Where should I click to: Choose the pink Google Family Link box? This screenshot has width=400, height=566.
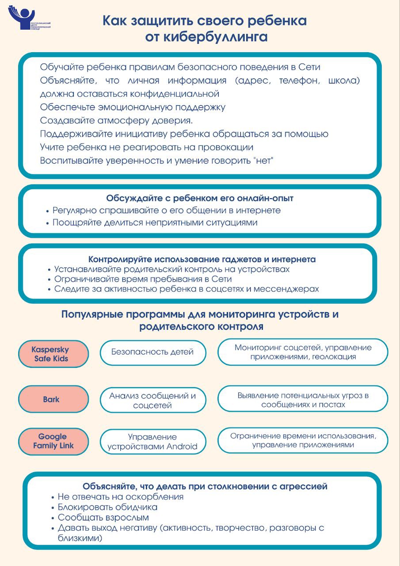pyautogui.click(x=53, y=441)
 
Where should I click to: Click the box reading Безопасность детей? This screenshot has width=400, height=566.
pyautogui.click(x=152, y=352)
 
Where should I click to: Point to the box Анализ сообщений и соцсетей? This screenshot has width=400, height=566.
pyautogui.click(x=152, y=400)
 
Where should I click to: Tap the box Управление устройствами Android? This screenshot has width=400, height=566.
pyautogui.click(x=152, y=442)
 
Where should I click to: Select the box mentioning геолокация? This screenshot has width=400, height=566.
pyautogui.click(x=303, y=352)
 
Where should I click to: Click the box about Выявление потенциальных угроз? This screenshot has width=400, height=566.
pyautogui.click(x=303, y=400)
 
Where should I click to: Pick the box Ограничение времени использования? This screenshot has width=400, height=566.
pyautogui.click(x=303, y=440)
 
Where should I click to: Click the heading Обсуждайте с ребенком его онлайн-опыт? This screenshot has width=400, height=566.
pyautogui.click(x=200, y=199)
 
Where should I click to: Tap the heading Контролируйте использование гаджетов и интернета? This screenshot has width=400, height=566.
pyautogui.click(x=202, y=260)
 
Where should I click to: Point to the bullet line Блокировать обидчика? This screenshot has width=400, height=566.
pyautogui.click(x=107, y=507)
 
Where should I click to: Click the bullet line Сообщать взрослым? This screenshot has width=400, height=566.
pyautogui.click(x=103, y=517)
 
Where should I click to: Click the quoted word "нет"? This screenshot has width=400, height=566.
pyautogui.click(x=264, y=161)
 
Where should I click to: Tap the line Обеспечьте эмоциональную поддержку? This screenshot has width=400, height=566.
pyautogui.click(x=133, y=107)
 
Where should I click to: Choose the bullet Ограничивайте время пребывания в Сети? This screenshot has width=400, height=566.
pyautogui.click(x=143, y=279)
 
